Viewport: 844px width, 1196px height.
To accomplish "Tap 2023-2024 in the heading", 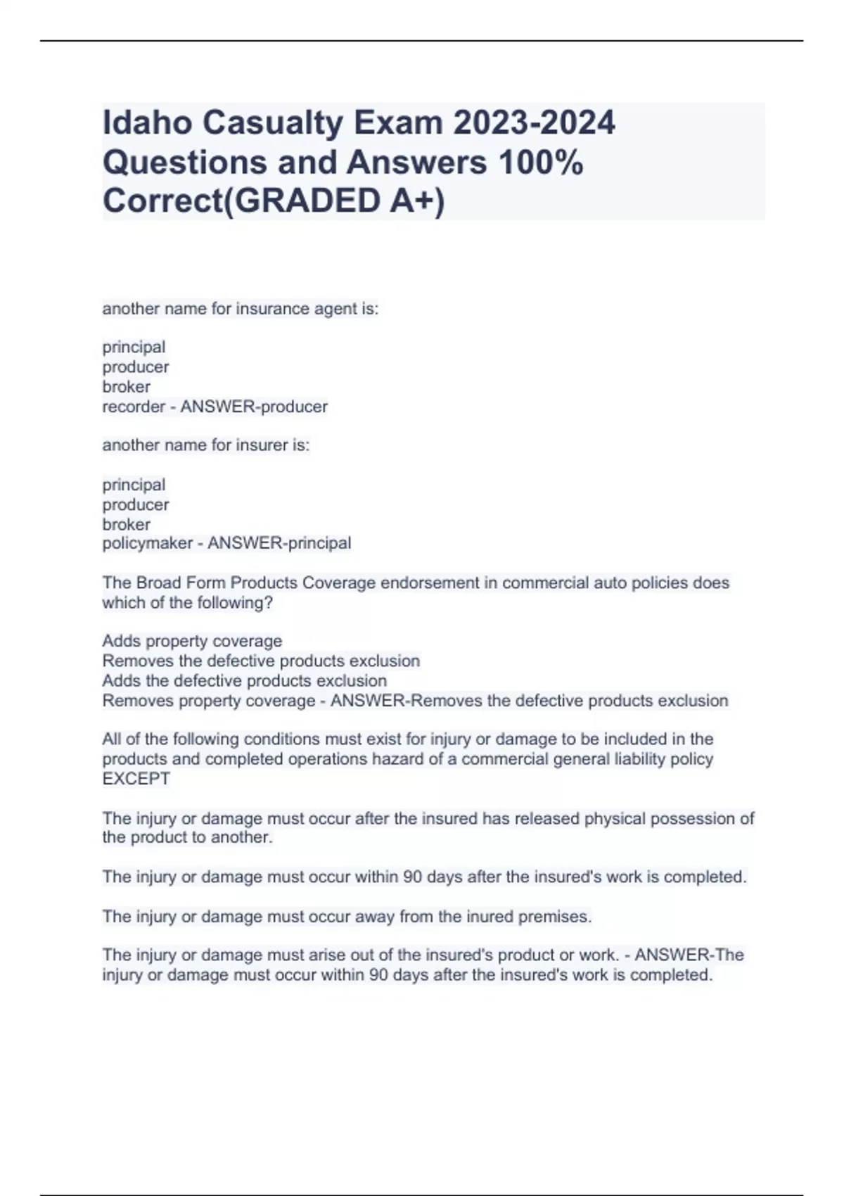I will coord(534,123).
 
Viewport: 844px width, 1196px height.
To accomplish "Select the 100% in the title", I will coord(540,163).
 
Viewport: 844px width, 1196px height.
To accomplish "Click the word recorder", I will coord(134,407).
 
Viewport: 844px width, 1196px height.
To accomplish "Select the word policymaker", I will coord(147,543).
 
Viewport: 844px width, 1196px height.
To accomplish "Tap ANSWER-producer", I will coord(254,407).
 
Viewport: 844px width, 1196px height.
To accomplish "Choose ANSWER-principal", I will coord(279,543).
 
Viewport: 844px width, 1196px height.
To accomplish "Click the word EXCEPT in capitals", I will coord(136,779).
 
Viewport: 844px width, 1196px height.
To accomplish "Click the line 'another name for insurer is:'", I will coord(205,445).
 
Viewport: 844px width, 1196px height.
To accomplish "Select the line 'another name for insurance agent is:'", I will coord(240,309).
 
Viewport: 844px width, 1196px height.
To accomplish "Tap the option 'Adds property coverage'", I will coord(192,641).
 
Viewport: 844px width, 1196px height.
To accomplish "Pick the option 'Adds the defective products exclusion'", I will coord(244,681).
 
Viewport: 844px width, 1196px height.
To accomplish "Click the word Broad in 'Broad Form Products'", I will coord(158,583).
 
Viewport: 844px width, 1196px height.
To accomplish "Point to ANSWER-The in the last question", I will coord(689,955).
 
